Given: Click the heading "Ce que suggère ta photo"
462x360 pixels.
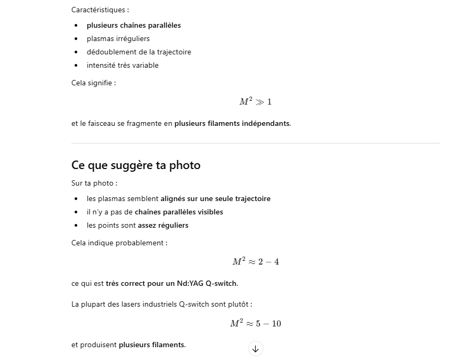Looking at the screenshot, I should [x=136, y=165].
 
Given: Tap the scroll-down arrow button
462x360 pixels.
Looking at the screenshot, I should [x=255, y=349].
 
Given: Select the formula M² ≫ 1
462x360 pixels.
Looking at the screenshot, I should [x=255, y=101].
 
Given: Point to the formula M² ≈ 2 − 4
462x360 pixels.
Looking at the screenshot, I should [x=255, y=261].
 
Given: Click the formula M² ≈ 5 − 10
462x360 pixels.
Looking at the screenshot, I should [x=255, y=323].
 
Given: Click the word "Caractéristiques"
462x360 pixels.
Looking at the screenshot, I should [x=99, y=10].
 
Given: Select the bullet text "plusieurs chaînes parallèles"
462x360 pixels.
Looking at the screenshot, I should [x=134, y=25].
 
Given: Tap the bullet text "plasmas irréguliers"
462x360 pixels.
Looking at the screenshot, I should [x=118, y=38].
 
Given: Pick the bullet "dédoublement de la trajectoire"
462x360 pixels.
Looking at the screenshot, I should [x=139, y=52].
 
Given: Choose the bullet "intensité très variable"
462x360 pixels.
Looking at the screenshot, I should [x=123, y=65].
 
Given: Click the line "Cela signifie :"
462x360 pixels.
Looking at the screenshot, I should [x=94, y=83].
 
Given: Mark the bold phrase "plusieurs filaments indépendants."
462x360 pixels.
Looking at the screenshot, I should [x=232, y=123].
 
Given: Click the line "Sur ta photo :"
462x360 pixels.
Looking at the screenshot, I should [x=94, y=183].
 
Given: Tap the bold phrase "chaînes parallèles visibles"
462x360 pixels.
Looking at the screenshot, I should [x=179, y=212].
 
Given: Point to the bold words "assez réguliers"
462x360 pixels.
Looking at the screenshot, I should [x=163, y=225].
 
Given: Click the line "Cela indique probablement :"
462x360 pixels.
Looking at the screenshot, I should [x=119, y=243].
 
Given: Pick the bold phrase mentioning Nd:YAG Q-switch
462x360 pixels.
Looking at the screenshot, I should [x=172, y=283].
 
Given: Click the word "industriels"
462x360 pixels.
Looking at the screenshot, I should [x=158, y=304].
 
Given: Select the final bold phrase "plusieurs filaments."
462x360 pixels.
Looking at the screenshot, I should [x=152, y=345].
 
